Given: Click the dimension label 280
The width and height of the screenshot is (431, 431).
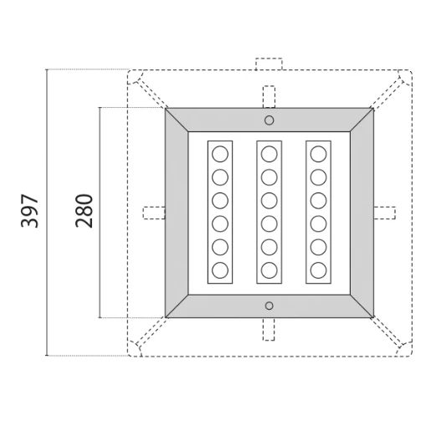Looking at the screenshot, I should pyautogui.click(x=83, y=213).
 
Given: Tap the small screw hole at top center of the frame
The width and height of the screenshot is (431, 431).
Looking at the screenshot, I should pyautogui.click(x=269, y=121).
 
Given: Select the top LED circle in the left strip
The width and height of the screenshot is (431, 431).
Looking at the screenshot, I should pyautogui.click(x=220, y=155).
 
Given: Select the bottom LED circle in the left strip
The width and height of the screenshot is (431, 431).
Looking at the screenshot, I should pyautogui.click(x=220, y=269).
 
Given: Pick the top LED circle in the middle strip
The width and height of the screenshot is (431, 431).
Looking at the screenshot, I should pyautogui.click(x=269, y=155).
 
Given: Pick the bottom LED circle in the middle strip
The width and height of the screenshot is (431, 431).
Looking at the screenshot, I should pyautogui.click(x=269, y=269).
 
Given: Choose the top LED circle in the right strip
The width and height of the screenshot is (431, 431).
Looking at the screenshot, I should pyautogui.click(x=318, y=155).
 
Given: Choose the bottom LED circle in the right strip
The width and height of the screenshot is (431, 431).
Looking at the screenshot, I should pyautogui.click(x=318, y=269).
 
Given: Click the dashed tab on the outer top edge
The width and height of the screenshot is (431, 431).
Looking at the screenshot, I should pyautogui.click(x=269, y=64).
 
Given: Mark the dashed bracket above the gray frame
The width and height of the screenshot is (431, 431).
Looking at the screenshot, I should pyautogui.click(x=269, y=96).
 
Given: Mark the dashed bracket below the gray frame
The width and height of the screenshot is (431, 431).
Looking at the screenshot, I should pyautogui.click(x=269, y=329).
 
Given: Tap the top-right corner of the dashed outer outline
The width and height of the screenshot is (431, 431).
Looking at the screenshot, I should pyautogui.click(x=408, y=74).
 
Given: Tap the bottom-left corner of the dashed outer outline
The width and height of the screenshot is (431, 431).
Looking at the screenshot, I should pyautogui.click(x=131, y=352).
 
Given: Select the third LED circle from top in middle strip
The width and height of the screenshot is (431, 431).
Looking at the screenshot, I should pyautogui.click(x=269, y=201).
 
